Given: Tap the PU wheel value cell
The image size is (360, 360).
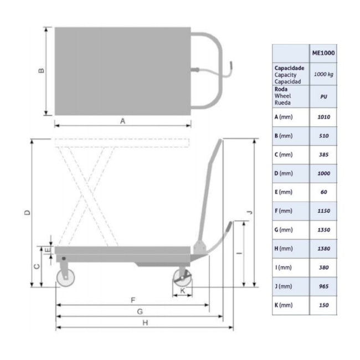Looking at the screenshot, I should coord(323,96).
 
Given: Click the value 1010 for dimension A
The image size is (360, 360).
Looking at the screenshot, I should coord(323,117).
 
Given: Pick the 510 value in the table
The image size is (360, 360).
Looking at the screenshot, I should coord(323,136).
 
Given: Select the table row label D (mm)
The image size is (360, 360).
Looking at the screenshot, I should coord(283,173).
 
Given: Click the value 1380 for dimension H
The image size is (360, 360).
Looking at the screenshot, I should coord(323,249).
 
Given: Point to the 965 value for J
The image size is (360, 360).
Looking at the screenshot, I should coord(323,286).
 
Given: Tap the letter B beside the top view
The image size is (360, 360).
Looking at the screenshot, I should coord(41,71).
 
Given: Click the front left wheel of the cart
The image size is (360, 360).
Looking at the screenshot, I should coord(65,279).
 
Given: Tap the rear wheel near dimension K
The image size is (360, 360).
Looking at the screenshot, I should coord(182,279).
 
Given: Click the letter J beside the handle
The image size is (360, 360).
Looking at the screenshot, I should coord(249,213).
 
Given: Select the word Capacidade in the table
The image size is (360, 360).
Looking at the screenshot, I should coord(290,68).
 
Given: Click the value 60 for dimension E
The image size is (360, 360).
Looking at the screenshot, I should coord(323,192).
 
